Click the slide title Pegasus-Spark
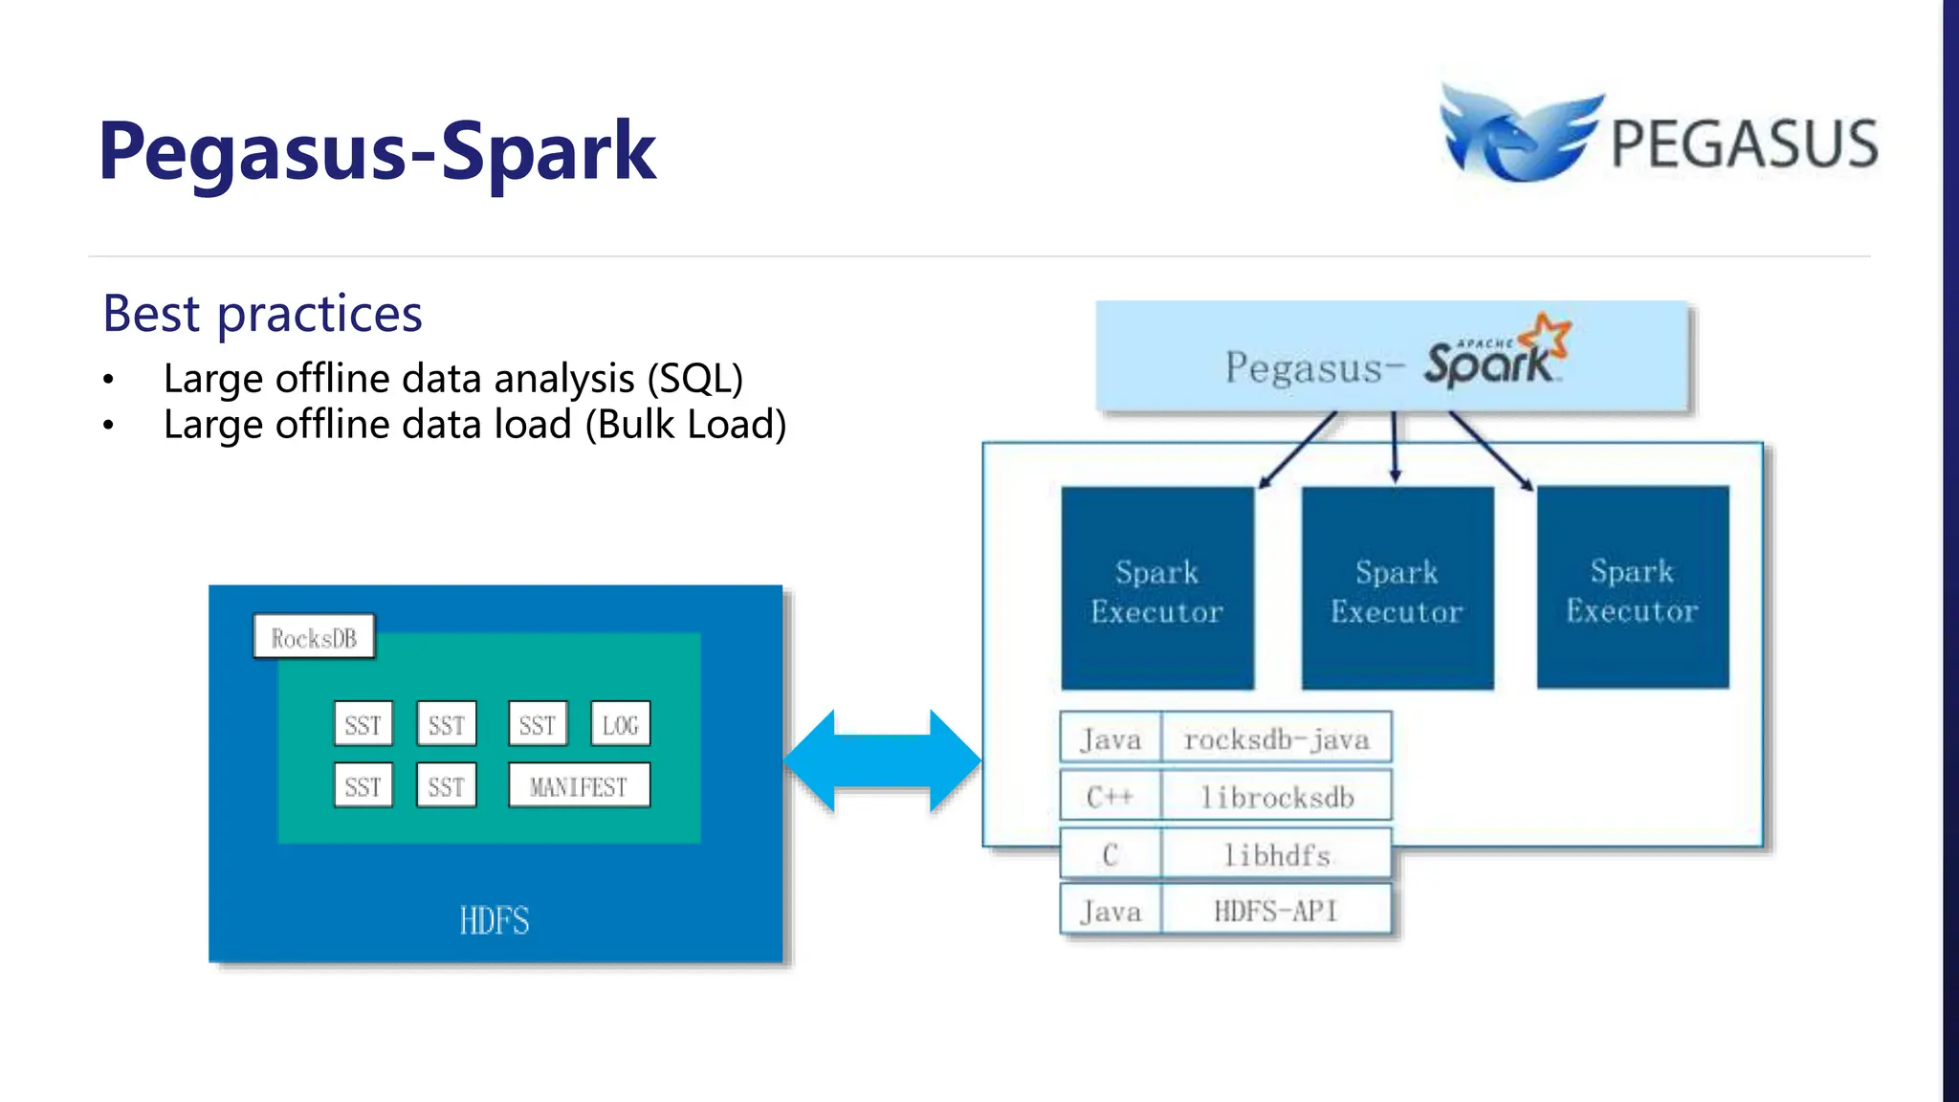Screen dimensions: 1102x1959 (377, 151)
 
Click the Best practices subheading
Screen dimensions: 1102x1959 (262, 314)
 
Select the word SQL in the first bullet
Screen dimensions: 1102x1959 (694, 379)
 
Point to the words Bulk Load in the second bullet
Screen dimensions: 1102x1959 (685, 425)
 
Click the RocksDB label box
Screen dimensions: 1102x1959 (314, 637)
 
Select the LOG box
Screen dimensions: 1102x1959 (620, 725)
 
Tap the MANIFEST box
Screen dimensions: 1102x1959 (579, 786)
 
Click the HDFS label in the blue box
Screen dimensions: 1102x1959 (494, 920)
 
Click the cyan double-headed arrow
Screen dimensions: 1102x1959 (882, 761)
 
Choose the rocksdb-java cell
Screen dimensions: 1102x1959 (1276, 738)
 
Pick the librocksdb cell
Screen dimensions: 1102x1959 (1276, 797)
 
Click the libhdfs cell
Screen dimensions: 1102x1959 (1276, 854)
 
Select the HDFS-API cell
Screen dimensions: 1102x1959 (1276, 911)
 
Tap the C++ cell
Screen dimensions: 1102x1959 (1110, 797)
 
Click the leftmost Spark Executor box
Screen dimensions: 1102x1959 (1157, 589)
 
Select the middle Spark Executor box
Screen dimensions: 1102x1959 (1397, 589)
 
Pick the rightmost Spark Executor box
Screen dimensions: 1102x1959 (1632, 587)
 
